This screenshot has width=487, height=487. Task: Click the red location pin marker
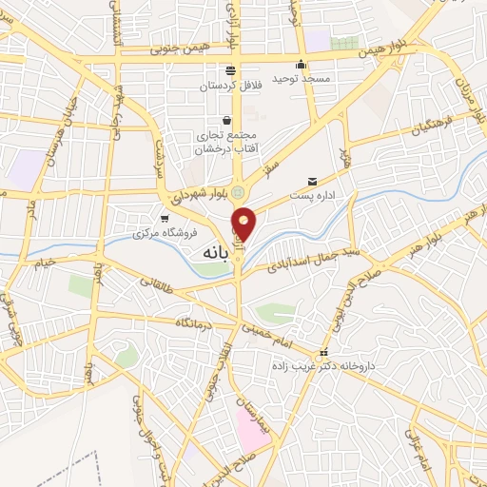pyautogui.click(x=243, y=224)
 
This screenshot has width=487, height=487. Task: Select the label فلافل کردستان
pyautogui.click(x=229, y=87)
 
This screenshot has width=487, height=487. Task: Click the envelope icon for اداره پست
pyautogui.click(x=312, y=181)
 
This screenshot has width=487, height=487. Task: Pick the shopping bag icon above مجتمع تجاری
pyautogui.click(x=226, y=120)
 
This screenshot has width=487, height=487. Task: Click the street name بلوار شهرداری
pyautogui.click(x=187, y=192)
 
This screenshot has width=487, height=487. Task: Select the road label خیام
pyautogui.click(x=46, y=262)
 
